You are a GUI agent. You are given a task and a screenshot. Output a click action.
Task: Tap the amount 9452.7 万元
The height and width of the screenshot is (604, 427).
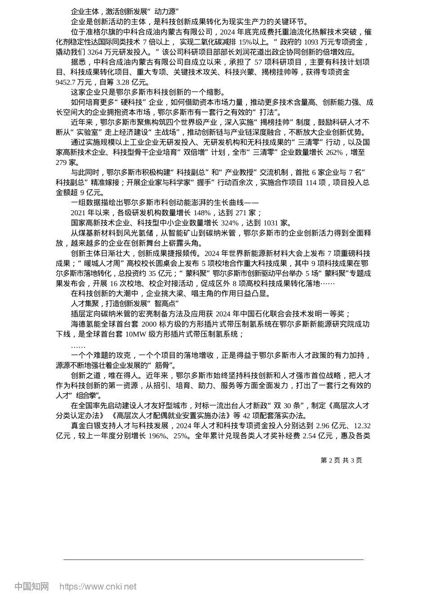pos(67,82)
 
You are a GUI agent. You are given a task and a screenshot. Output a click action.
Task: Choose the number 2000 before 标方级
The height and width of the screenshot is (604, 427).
pos(149,324)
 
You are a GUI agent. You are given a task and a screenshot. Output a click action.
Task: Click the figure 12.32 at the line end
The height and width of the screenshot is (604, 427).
pos(362,425)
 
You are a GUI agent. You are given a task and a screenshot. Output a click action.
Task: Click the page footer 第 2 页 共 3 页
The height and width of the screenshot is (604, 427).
pos(341,460)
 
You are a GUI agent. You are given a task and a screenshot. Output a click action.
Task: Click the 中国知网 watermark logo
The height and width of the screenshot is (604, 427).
pos(31,586)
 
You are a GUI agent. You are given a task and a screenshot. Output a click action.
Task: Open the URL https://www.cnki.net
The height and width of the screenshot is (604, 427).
pos(98,586)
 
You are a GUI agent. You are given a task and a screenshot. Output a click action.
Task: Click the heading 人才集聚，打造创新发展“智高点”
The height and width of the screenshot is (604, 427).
pos(125,304)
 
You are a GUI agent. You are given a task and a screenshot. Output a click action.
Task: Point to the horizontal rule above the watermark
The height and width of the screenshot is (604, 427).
pos(213,560)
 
